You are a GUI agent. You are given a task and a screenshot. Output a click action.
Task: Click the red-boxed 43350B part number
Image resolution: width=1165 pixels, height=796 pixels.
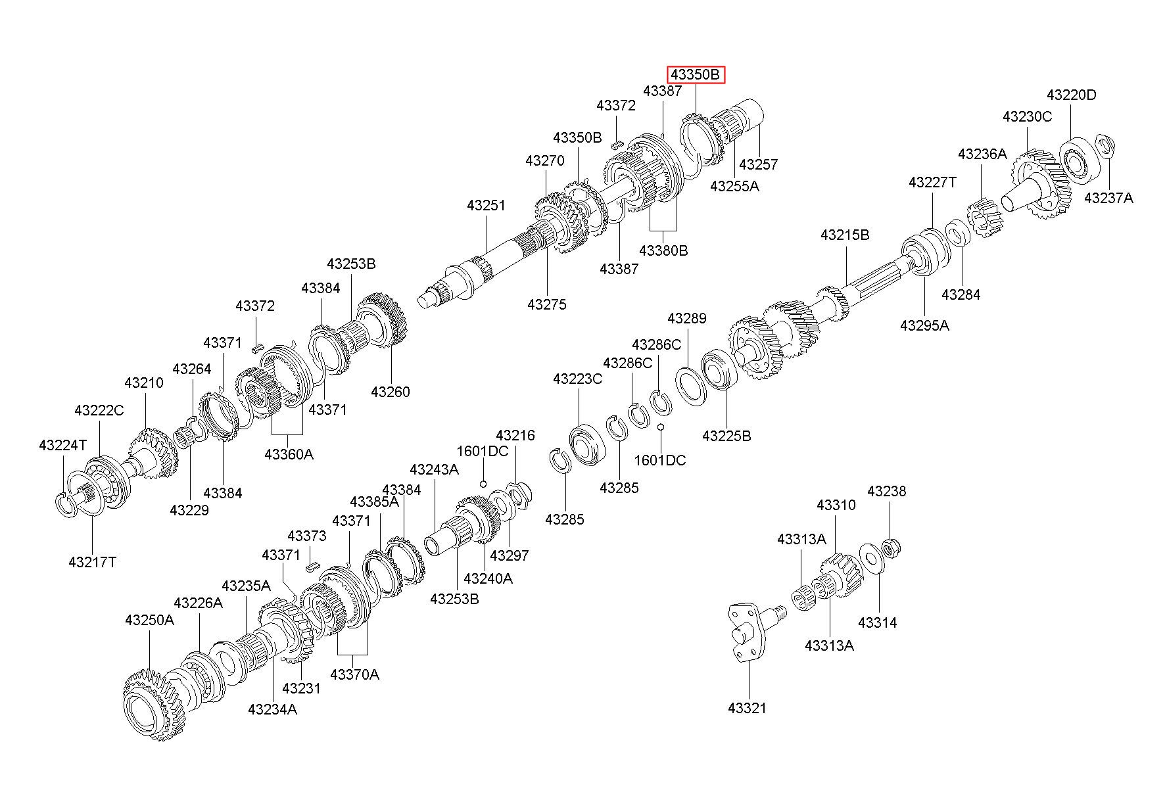coord(696,75)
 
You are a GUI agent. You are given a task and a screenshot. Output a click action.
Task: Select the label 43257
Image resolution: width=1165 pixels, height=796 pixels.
coord(758,164)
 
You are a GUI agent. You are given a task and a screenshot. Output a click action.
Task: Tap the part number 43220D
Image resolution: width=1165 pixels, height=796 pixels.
coord(1072,95)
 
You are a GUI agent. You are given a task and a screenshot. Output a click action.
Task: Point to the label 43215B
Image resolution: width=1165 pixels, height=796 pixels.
coord(845,235)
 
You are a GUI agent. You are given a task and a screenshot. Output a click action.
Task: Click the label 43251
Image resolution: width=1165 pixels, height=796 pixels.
coord(487,205)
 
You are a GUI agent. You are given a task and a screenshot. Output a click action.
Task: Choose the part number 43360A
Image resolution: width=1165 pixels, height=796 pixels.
coord(289,454)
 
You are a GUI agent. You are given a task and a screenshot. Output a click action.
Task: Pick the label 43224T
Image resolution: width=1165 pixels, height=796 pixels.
coord(62,445)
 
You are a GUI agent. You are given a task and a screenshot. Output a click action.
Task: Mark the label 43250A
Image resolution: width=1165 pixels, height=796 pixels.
coord(149,620)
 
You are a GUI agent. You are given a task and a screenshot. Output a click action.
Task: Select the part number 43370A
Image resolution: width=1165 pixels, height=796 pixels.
coord(354,674)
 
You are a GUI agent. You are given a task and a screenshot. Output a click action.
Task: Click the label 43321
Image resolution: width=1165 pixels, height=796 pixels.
coord(748,708)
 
